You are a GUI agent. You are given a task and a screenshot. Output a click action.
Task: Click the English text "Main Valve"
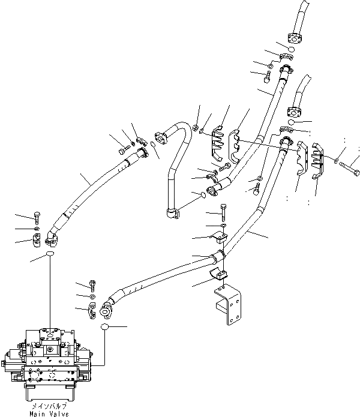50,413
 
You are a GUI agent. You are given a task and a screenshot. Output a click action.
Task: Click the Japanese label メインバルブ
50,406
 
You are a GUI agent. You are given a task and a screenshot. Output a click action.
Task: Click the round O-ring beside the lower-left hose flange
105,327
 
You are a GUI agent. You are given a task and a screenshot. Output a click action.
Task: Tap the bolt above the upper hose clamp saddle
223,211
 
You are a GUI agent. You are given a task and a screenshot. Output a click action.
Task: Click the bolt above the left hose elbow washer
37,217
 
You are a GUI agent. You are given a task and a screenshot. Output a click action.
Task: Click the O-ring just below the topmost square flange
290,48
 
